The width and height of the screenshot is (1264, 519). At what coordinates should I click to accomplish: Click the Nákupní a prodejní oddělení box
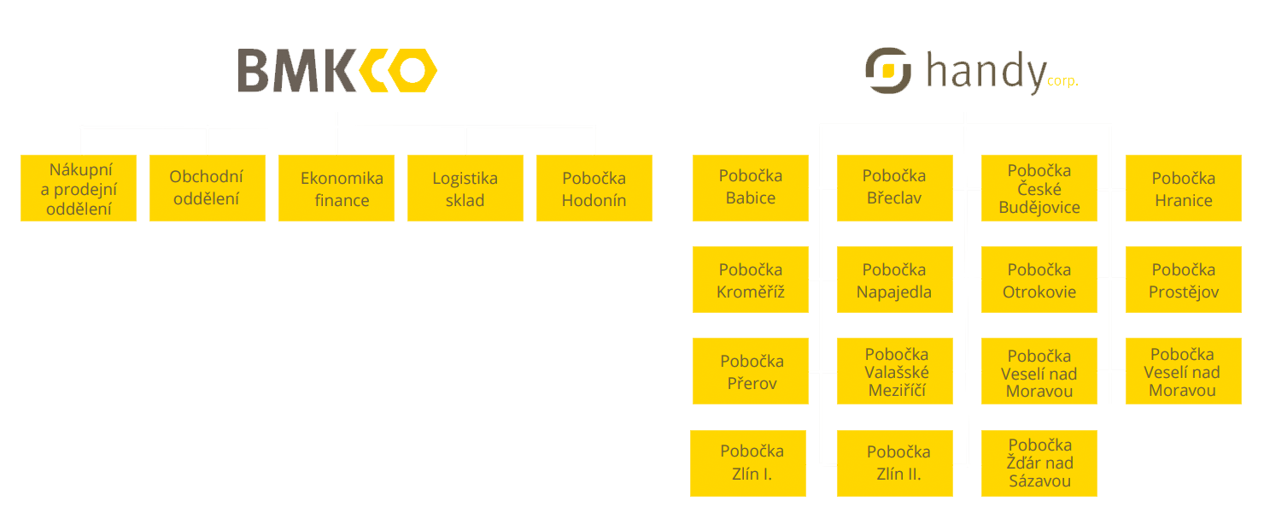point(79,188)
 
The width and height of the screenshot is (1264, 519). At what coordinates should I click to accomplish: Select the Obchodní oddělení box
point(206,188)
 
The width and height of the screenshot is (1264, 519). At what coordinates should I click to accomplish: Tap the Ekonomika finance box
point(336,188)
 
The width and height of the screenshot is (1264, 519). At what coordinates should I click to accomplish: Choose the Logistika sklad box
point(465,188)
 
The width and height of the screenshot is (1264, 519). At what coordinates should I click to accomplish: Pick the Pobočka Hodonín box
point(594,188)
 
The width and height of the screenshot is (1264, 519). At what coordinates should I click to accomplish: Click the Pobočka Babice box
point(750,187)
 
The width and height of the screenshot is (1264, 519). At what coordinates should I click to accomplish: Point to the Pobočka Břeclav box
point(894,187)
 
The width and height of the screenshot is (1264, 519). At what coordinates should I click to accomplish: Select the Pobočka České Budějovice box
point(1039,188)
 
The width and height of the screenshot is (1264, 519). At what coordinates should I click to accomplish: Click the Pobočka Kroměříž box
point(750,280)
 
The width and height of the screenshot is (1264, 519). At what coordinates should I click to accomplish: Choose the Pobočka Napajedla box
point(894,280)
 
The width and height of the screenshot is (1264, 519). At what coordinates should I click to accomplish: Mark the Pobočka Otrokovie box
point(1039,280)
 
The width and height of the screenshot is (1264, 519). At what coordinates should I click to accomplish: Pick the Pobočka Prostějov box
point(1183,280)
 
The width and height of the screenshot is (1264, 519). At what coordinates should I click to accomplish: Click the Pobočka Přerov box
point(750,372)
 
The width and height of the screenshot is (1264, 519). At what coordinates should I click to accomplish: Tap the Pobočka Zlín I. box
point(748,463)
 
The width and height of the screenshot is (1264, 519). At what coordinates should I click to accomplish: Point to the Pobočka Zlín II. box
point(894,463)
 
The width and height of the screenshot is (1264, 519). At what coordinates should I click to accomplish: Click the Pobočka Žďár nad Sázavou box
point(1039,463)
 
